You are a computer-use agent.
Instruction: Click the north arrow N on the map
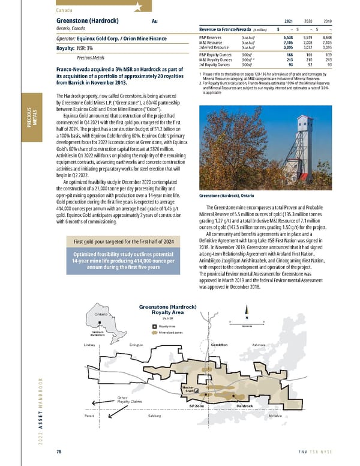(246, 318)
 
